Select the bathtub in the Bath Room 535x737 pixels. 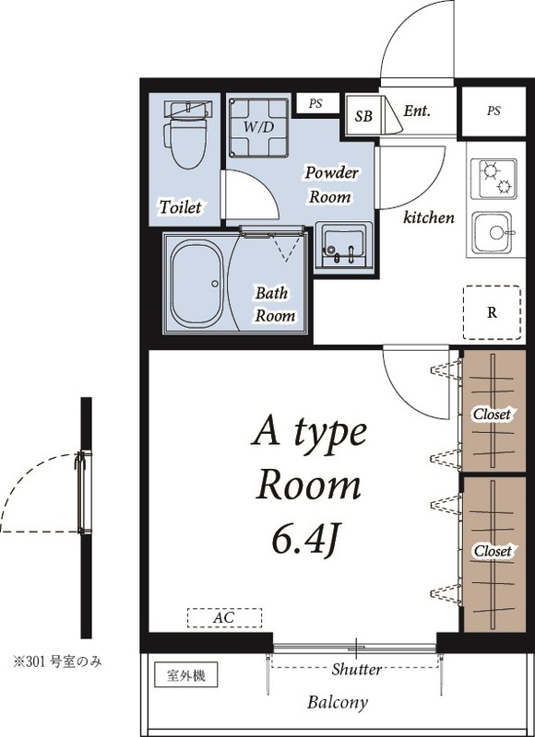coord(196,286)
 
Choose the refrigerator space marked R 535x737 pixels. coord(492,311)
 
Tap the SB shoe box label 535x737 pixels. coord(363,116)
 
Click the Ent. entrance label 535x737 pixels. coord(417,111)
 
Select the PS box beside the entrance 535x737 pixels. coord(493,111)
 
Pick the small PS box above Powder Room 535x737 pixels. coord(315,102)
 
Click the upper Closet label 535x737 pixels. coord(492,415)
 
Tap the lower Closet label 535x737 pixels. coord(493,551)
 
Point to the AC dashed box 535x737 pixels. coord(224,617)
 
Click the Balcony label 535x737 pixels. coord(338,703)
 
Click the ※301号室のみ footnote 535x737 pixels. coord(56,661)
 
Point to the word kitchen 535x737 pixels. coord(429,218)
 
